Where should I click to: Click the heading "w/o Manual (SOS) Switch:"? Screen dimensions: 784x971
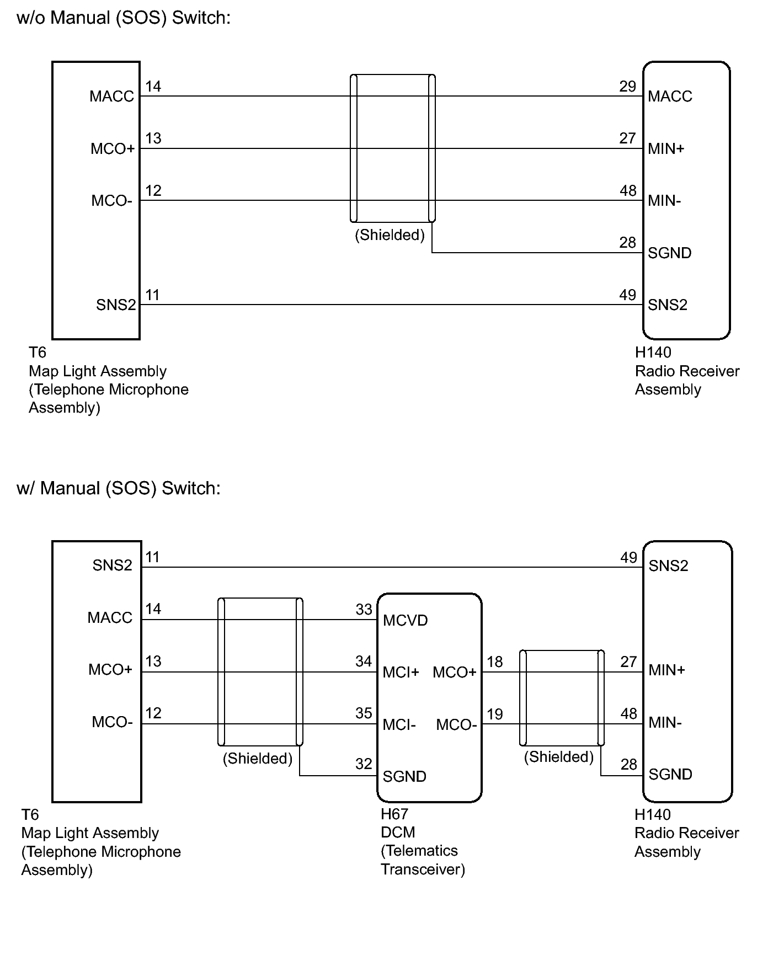coord(124,18)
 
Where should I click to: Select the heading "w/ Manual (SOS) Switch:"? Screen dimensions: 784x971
coord(119,488)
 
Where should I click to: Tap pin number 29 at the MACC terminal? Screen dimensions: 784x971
coord(628,87)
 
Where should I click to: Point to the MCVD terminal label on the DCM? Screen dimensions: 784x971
coord(406,621)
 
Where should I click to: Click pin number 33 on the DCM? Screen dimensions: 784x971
coord(364,610)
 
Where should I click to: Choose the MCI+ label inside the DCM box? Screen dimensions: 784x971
coord(401,673)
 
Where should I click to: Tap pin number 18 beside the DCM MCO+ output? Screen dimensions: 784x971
coord(495,662)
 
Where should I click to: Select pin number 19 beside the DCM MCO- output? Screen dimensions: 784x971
coord(495,714)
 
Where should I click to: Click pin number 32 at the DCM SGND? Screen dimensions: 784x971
coord(364,764)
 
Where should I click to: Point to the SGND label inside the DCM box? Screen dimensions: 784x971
coord(404,777)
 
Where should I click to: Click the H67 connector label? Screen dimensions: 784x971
coord(394,814)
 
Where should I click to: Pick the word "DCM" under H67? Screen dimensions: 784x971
coord(398,833)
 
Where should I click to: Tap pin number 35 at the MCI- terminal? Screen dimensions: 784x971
coord(364,713)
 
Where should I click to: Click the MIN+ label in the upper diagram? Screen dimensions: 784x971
coord(666,149)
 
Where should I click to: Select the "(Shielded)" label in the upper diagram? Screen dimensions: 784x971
coord(390,236)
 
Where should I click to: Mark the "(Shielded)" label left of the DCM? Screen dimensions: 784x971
coord(257,759)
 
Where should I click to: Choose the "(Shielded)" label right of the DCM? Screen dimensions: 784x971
coord(558,757)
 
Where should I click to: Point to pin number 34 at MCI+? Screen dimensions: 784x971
coord(364,661)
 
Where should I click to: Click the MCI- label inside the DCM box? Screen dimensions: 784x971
coord(399,725)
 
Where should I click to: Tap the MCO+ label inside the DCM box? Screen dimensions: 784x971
coord(455,673)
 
